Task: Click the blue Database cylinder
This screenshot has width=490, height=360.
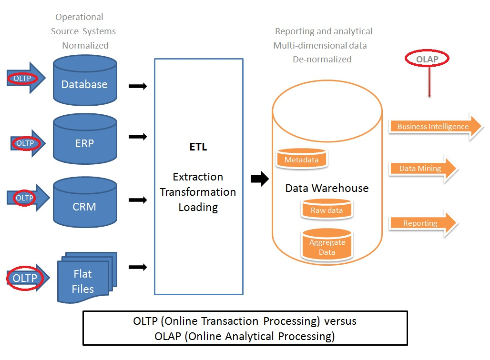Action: click(x=85, y=80)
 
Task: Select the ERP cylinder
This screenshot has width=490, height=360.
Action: click(x=85, y=139)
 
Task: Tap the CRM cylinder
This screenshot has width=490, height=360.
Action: click(x=85, y=202)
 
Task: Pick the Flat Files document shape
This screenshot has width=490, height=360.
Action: click(x=87, y=278)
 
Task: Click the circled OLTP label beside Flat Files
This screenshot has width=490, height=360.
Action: click(x=25, y=278)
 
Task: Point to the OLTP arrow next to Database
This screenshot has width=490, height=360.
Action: click(x=26, y=78)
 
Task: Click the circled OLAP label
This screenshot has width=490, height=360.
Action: click(x=427, y=59)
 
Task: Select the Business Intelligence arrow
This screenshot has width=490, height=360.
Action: click(x=436, y=127)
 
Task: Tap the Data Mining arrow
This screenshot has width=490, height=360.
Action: click(x=423, y=169)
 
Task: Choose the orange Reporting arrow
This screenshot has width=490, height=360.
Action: click(x=423, y=223)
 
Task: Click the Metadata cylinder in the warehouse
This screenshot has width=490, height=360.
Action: click(x=302, y=158)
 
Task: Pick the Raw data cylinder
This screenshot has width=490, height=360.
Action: click(x=327, y=209)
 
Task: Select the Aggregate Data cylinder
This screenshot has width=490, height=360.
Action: click(x=327, y=244)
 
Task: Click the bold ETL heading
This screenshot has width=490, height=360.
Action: click(x=198, y=147)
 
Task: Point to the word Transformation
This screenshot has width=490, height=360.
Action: click(x=198, y=192)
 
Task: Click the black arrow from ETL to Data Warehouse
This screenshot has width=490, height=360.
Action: click(x=260, y=179)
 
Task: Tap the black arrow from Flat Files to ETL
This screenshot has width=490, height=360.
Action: click(x=138, y=267)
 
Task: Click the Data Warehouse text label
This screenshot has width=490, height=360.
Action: click(x=327, y=188)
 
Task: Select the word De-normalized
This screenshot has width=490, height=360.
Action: click(x=322, y=60)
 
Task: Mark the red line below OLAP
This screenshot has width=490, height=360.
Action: click(x=429, y=82)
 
